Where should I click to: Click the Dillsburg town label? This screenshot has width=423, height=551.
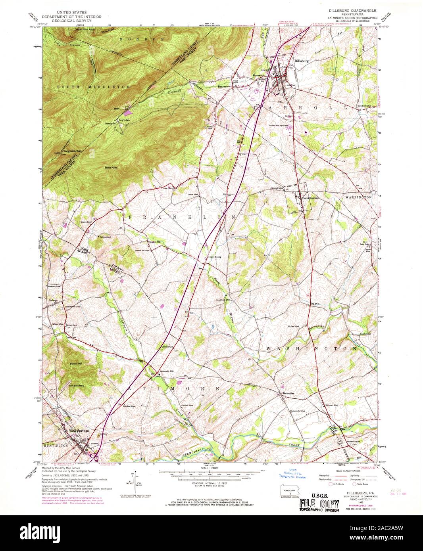pyautogui.click(x=302, y=61)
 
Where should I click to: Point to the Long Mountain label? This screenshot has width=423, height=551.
pyautogui.click(x=73, y=151)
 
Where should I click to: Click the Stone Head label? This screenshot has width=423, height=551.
pyautogui.click(x=111, y=168)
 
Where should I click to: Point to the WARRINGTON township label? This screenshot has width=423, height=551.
pyautogui.click(x=358, y=197)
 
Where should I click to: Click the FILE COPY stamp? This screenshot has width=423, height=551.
pyautogui.click(x=319, y=504)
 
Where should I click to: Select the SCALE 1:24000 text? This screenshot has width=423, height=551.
pyautogui.click(x=210, y=469)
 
